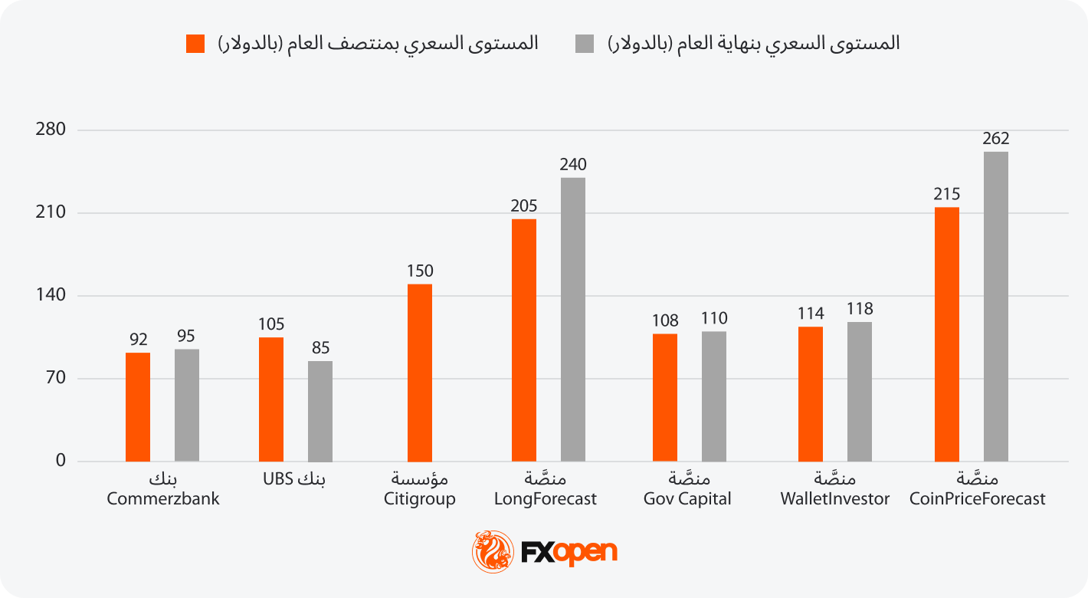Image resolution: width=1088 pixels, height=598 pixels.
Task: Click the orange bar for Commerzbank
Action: [138, 407]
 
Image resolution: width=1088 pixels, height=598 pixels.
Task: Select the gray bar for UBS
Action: [320, 412]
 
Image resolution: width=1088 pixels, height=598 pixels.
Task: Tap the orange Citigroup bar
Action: [420, 373]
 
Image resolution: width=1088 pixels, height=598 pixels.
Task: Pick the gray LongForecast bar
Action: [573, 320]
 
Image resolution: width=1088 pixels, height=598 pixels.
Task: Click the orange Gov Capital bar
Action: [665, 398]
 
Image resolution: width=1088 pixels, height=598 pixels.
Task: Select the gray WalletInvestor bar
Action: [860, 392]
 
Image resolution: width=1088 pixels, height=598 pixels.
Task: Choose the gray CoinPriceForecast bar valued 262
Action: [996, 307]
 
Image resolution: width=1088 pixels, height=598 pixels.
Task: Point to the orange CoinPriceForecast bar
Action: [947, 334]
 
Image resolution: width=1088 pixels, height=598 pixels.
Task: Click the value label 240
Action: [573, 165]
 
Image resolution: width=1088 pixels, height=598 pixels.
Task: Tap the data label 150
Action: [420, 271]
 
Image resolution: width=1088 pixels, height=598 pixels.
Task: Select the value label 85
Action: [320, 348]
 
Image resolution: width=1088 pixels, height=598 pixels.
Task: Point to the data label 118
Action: [860, 309]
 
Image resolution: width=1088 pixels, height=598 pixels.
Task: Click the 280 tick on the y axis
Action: [51, 130]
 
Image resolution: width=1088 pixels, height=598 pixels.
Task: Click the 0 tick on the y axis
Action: [61, 461]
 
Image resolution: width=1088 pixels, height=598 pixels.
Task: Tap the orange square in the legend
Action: [195, 44]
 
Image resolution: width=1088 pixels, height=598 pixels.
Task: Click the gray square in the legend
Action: [585, 44]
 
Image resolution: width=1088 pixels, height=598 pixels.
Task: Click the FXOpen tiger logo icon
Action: [493, 551]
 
